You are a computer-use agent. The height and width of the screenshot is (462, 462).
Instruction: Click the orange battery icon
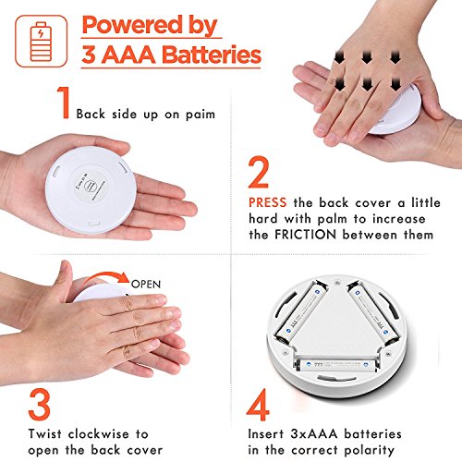[x=41, y=42]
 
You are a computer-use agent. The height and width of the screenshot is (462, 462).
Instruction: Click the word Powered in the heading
[x=132, y=25]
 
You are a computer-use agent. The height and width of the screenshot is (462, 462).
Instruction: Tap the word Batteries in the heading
[x=212, y=55]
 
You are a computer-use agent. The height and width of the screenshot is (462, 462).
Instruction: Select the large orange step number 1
[x=64, y=102]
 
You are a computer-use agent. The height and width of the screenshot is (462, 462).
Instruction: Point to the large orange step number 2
[x=258, y=172]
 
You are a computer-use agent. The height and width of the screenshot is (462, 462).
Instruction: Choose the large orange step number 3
[x=39, y=405]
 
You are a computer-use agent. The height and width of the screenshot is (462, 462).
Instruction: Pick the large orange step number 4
[x=258, y=405]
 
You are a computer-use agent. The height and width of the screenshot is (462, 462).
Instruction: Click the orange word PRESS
[x=267, y=202]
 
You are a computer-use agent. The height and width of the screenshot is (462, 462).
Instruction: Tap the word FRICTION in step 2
[x=305, y=235]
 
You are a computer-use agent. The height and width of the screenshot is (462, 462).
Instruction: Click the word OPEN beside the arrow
[x=146, y=284]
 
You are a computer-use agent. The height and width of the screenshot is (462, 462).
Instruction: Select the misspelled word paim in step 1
[x=201, y=115]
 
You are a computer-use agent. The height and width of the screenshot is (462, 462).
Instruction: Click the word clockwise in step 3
[x=98, y=434]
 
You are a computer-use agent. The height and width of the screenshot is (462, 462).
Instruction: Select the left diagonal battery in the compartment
[x=300, y=312]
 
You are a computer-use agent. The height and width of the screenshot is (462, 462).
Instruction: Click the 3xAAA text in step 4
[x=314, y=434]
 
